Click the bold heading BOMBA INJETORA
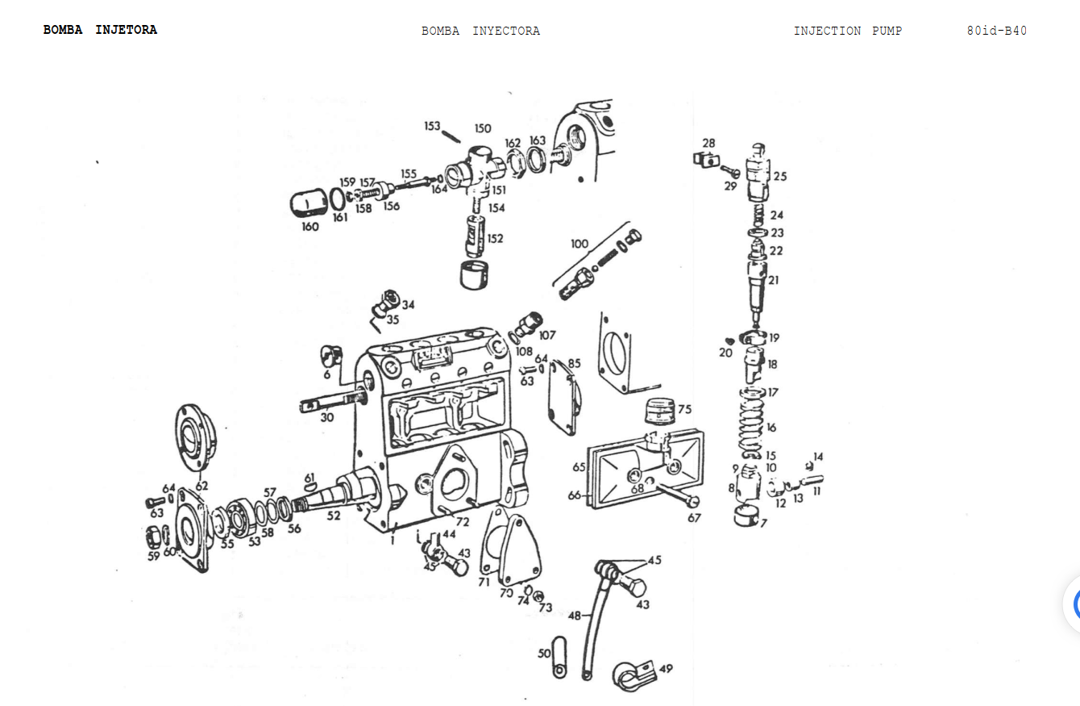[100, 30]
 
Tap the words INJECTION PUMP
[848, 31]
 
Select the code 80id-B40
[997, 31]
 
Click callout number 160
[310, 227]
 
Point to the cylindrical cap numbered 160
[309, 203]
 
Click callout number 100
[579, 244]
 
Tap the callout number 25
[780, 177]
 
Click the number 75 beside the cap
[684, 409]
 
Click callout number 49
[666, 669]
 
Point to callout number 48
[574, 616]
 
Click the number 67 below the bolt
[694, 518]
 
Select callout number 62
[201, 486]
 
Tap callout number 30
[327, 417]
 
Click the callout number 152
[495, 238]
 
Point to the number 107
[547, 335]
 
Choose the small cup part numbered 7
[746, 516]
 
